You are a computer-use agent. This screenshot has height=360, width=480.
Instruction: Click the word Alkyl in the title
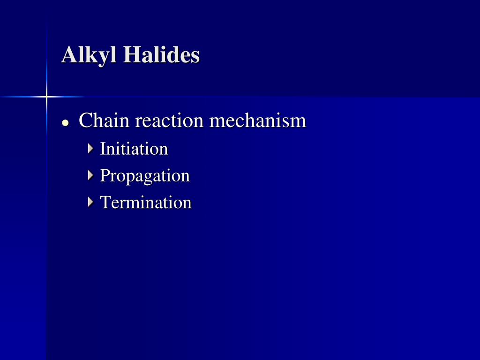tap(89, 55)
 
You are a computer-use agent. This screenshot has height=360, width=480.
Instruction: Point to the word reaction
tap(169, 120)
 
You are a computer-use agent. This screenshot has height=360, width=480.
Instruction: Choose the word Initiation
tap(134, 149)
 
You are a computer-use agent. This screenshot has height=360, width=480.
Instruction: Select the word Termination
tap(146, 202)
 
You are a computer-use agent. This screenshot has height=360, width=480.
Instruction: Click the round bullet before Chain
tap(65, 123)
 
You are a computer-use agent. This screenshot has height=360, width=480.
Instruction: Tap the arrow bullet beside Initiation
tap(90, 149)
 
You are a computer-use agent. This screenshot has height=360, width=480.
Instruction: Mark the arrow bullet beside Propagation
tap(90, 175)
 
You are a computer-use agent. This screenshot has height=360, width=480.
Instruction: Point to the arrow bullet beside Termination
tap(90, 202)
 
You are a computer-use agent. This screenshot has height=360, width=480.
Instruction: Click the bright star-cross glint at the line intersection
tap(46, 97)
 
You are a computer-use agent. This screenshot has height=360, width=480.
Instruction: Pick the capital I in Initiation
tap(103, 149)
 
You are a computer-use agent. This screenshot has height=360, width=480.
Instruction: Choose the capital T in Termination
tap(106, 202)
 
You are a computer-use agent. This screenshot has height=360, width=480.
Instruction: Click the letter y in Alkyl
tap(105, 58)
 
